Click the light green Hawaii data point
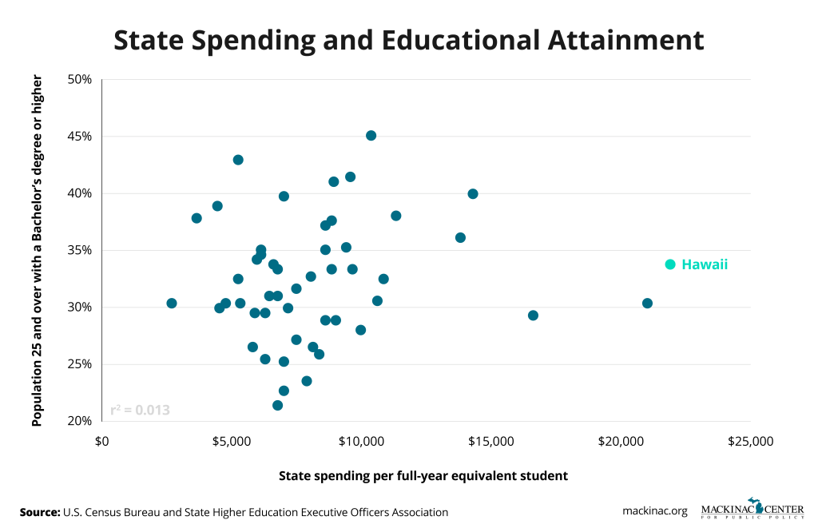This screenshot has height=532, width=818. [x=670, y=264]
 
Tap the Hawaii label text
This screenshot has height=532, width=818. [x=705, y=264]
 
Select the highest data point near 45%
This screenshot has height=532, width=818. [x=371, y=136]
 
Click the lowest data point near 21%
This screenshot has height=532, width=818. [x=277, y=405]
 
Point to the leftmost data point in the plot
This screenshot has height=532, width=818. [x=172, y=304]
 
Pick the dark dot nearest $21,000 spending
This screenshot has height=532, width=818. [x=647, y=304]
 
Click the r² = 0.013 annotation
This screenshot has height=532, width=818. [x=140, y=411]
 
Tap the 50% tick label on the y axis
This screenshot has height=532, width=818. [x=80, y=79]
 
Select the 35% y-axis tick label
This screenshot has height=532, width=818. [x=80, y=250]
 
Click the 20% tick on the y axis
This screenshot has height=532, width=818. [x=80, y=421]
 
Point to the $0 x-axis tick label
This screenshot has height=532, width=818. [x=102, y=441]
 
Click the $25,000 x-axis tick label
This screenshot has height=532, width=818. [x=750, y=441]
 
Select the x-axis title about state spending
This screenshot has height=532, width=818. [x=423, y=475]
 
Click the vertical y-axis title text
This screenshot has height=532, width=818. [x=37, y=250]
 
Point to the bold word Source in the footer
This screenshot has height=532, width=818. [x=40, y=512]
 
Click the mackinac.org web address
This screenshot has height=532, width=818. [x=655, y=512]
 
